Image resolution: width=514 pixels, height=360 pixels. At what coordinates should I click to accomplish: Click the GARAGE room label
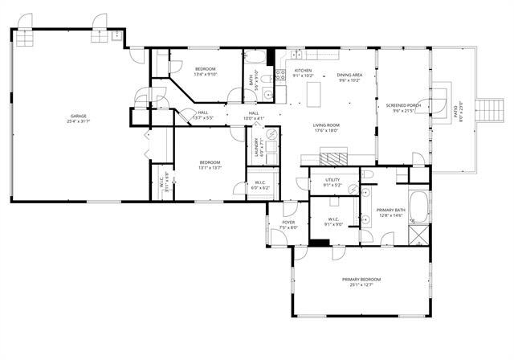point(78,116)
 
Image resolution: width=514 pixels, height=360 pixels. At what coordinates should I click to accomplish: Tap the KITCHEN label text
point(303,71)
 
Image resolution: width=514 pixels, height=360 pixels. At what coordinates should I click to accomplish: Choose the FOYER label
point(288,223)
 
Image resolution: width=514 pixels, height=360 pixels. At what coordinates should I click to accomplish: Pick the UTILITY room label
point(333,180)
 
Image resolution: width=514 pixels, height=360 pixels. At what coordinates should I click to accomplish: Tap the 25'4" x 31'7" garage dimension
point(78,121)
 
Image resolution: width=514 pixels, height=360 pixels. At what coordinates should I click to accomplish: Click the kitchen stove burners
point(280,76)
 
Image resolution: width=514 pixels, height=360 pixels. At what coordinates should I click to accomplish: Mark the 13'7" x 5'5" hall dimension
point(202,118)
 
